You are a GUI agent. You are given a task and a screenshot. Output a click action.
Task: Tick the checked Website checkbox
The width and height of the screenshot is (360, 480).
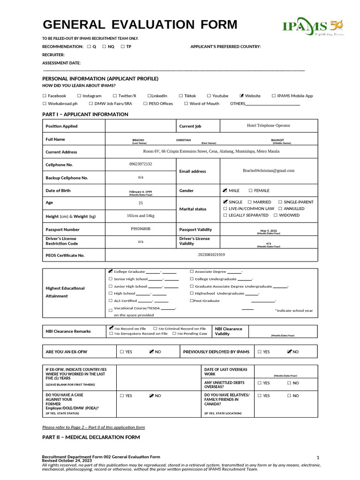coord(241,96)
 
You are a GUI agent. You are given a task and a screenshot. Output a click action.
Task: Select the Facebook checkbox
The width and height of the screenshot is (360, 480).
coord(45,96)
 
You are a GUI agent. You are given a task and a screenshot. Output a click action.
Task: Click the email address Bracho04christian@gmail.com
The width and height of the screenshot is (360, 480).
coord(269,171)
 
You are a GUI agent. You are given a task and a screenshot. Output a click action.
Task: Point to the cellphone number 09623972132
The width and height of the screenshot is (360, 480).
coord(141,164)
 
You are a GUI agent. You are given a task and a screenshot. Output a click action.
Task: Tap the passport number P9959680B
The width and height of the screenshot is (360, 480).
coord(141,229)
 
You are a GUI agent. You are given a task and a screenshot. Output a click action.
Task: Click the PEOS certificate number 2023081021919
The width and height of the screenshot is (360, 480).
coord(211,255)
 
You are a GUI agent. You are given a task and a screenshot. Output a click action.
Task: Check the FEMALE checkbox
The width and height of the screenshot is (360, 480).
coord(250,191)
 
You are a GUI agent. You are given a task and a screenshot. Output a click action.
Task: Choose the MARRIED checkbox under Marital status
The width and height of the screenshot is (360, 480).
coord(249,202)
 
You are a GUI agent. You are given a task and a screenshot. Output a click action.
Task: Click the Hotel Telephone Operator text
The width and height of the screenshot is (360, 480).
coord(269,126)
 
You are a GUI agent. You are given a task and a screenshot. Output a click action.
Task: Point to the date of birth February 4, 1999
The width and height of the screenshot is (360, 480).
coord(141,192)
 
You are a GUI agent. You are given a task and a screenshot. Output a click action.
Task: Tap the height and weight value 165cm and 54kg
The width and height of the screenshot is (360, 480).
coord(141,216)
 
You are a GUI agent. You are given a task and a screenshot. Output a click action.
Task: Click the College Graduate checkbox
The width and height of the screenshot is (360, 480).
coord(111,271)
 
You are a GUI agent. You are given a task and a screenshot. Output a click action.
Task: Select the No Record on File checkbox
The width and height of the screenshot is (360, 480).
coord(111,329)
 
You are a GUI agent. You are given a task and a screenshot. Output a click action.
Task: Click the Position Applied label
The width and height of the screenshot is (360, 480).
coord(61,126)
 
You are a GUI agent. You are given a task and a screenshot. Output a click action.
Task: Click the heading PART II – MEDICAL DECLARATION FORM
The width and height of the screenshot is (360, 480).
coord(91,437)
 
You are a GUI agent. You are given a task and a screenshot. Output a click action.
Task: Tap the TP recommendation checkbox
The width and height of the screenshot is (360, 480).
coord(122,46)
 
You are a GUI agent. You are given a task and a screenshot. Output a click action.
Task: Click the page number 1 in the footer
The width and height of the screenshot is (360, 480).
coord(317,457)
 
